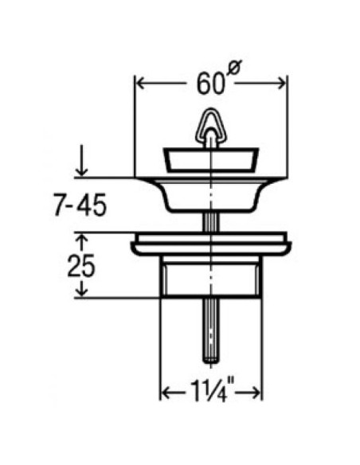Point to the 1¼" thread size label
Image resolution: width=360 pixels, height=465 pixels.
point(210,393)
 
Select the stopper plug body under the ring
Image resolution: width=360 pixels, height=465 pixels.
point(212,160)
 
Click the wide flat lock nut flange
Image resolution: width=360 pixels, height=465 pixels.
point(212,244)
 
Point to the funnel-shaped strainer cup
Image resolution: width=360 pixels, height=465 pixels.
point(212,193)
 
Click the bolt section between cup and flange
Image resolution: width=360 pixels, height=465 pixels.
point(212,222)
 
